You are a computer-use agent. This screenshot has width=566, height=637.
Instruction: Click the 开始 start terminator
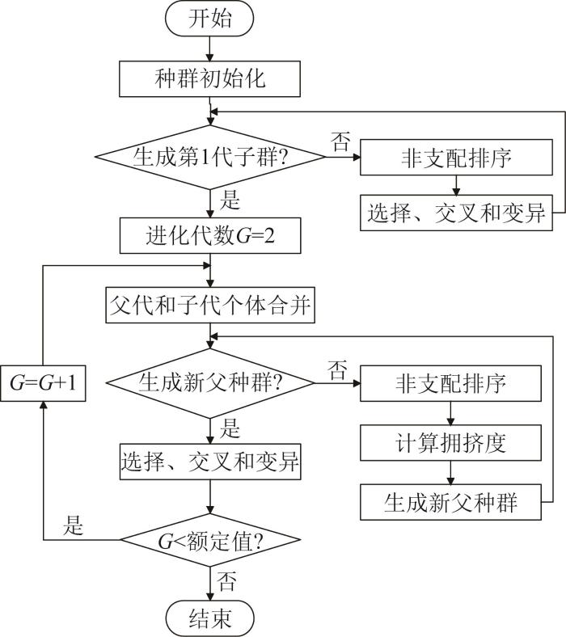pyautogui.click(x=209, y=19)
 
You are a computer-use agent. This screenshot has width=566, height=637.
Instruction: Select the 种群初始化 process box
pyautogui.click(x=209, y=78)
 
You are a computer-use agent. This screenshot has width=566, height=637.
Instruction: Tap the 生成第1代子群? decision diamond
pyautogui.click(x=210, y=157)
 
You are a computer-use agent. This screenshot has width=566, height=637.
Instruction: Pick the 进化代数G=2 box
pyautogui.click(x=210, y=235)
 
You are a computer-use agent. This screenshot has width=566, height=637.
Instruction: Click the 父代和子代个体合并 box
pyautogui.click(x=210, y=305)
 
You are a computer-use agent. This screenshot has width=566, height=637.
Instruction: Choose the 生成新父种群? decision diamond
pyautogui.click(x=210, y=383)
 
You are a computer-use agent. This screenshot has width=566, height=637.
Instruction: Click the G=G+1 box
pyautogui.click(x=43, y=383)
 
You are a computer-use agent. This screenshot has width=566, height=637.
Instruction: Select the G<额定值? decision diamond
pyautogui.click(x=210, y=540)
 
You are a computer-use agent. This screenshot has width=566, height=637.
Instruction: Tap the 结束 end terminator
pyautogui.click(x=210, y=618)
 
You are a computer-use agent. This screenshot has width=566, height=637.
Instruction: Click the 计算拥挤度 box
pyautogui.click(x=450, y=443)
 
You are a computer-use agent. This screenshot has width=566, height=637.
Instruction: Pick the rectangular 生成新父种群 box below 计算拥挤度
pyautogui.click(x=450, y=502)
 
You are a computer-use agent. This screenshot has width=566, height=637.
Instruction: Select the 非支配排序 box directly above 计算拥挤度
pyautogui.click(x=450, y=383)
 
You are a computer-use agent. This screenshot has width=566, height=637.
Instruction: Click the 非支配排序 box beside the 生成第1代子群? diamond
pyautogui.click(x=456, y=157)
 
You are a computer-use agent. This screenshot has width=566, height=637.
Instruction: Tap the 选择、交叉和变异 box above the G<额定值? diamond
pyautogui.click(x=210, y=462)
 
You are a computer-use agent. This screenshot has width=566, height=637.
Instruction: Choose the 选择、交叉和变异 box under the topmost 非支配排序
pyautogui.click(x=456, y=213)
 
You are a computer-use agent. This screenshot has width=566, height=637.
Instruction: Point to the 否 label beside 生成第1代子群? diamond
pyautogui.click(x=340, y=141)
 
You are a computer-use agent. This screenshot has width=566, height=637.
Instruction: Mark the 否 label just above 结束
pyautogui.click(x=226, y=581)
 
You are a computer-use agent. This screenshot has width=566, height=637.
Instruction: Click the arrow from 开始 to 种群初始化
pyautogui.click(x=209, y=49)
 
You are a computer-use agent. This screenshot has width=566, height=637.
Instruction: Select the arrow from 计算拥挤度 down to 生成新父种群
pyautogui.click(x=450, y=472)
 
